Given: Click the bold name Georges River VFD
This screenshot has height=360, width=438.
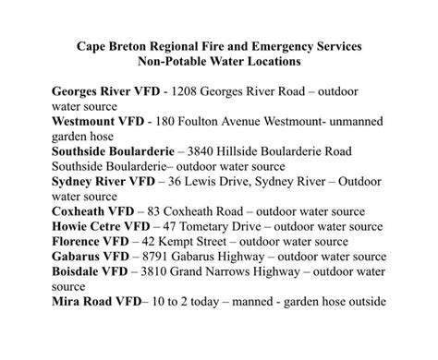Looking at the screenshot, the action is pyautogui.click(x=103, y=94).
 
